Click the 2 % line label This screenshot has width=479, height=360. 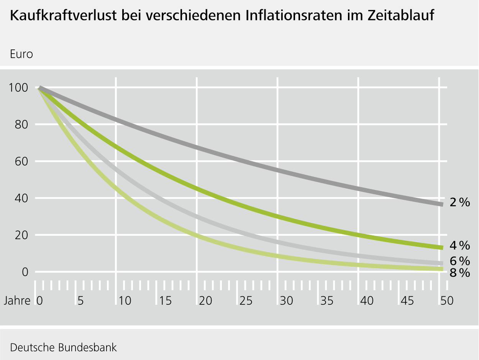pos(459,202)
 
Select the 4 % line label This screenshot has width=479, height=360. pos(459,245)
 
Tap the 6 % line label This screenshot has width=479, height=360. pos(459,261)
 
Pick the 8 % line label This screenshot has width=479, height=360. pos(459,273)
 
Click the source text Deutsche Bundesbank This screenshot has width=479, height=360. pos(63,348)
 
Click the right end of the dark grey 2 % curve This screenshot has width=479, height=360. pos(442,204)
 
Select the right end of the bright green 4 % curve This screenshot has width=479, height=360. pos(442,248)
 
